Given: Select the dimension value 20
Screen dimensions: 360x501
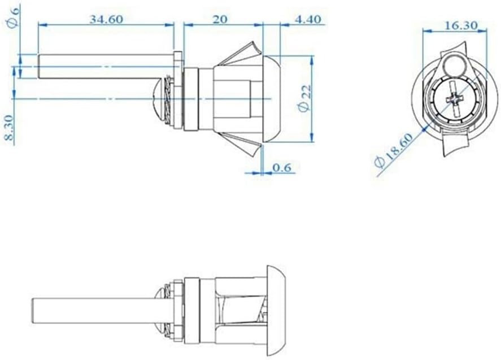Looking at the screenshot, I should pos(220,19).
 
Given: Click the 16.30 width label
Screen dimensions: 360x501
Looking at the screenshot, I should pos(461,25).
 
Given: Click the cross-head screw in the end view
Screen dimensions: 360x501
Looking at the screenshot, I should pos(455,100).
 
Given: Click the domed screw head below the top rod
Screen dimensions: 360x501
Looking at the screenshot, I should pos(161,94).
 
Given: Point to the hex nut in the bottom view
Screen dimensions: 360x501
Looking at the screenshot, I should pos(178,309).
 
